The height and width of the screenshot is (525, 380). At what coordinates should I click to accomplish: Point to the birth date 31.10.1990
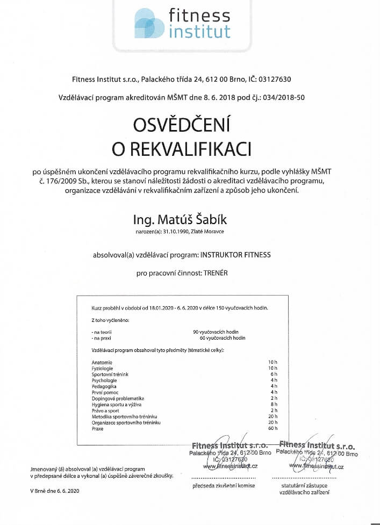coord(180,232)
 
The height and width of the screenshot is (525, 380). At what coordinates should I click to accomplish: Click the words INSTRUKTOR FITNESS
coord(235,255)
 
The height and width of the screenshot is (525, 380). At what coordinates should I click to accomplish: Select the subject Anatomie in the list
coord(102,362)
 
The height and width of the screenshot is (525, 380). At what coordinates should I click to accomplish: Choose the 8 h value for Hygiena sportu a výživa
coord(273,404)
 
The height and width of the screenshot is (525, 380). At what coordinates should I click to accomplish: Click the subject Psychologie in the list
coord(104,380)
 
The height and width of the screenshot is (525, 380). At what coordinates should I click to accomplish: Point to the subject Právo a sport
coord(104,410)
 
